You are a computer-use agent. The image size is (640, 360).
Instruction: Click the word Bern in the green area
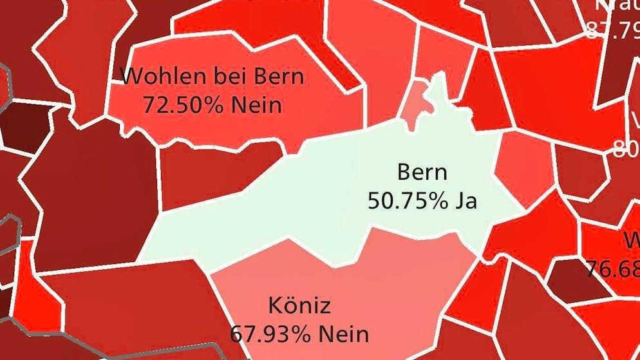[x=422, y=173]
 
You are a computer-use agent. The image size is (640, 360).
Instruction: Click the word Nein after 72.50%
[x=256, y=104]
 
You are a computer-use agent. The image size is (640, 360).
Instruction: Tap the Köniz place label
[x=299, y=305]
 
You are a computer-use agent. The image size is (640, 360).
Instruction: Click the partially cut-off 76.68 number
[x=612, y=267]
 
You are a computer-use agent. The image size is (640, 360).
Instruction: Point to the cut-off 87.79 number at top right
[x=612, y=30]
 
